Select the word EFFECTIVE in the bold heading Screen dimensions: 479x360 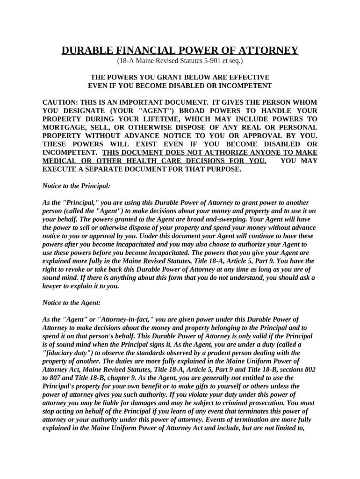pos(250,77)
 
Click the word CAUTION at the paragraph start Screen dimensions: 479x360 pos(59,102)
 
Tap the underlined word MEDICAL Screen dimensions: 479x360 pos(60,161)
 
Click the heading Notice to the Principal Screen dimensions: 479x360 pos(76,186)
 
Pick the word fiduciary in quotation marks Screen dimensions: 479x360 pos(60,353)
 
